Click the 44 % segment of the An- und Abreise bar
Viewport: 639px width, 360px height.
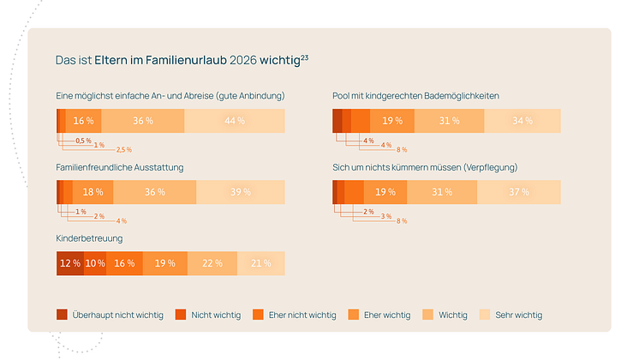coord(234,121)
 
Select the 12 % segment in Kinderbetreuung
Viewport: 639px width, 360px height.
coord(69,263)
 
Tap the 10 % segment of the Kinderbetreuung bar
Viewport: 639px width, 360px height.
coord(94,263)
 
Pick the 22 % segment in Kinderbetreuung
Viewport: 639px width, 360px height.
coord(212,263)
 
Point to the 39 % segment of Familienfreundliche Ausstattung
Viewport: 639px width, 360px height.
coord(240,192)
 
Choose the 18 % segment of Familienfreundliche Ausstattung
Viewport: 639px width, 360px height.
coord(93,192)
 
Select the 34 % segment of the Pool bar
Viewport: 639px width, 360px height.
coord(521,121)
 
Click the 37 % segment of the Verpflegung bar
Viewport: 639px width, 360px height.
coord(519,192)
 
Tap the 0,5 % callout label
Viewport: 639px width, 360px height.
coord(83,141)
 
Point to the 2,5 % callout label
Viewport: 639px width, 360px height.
coord(112,150)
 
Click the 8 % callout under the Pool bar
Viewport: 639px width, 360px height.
coord(402,150)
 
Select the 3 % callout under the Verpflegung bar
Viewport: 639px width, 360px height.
coord(386,216)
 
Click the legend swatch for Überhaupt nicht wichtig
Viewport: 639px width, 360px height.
coord(62,315)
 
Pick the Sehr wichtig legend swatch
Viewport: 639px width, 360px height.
coord(484,315)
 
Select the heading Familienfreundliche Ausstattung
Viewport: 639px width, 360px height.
coord(119,166)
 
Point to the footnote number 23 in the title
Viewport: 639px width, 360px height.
coord(304,57)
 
